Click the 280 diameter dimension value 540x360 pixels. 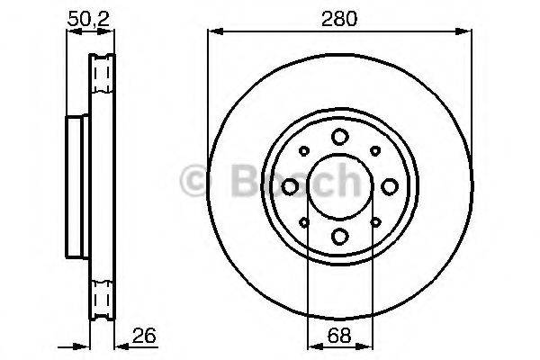point(339,18)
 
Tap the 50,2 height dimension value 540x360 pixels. point(88,19)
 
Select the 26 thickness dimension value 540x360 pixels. point(144,335)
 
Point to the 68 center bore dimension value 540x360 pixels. point(339,335)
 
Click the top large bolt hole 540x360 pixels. point(340,137)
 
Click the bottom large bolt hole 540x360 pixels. point(340,237)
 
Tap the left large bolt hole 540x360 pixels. point(290,186)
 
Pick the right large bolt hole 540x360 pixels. point(390,186)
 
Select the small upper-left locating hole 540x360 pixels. point(304,151)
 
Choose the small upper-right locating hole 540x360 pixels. point(375,151)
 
